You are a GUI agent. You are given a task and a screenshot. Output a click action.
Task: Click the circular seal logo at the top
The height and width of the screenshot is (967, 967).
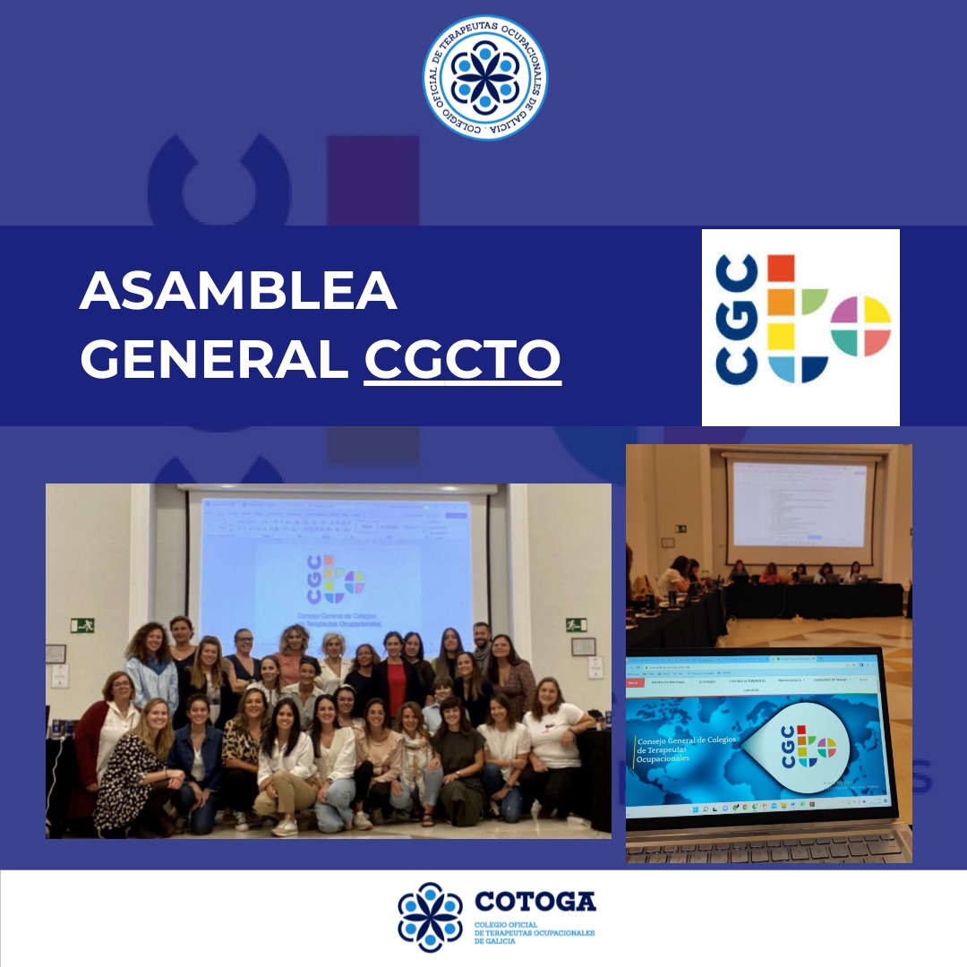(x=484, y=78)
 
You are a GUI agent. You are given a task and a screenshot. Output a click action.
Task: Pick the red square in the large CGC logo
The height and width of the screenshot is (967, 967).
(x=781, y=268)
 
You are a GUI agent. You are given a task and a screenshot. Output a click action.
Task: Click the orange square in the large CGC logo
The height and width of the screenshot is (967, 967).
(x=781, y=302)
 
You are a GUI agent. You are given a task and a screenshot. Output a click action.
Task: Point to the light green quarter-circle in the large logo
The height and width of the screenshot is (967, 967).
(x=814, y=302)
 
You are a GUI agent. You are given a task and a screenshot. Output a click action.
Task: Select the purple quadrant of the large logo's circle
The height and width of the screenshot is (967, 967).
(x=844, y=309)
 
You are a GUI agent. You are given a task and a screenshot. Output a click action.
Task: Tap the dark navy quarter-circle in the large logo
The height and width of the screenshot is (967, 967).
(x=813, y=367)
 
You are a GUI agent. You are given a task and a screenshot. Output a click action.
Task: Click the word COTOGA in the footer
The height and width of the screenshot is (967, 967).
(x=535, y=901)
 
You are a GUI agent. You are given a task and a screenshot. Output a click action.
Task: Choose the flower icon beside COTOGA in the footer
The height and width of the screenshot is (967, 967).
(x=431, y=917)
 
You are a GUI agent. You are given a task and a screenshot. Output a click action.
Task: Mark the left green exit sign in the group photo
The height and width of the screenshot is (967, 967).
(x=82, y=625)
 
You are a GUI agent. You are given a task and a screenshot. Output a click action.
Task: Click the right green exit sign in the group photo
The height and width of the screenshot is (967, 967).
(x=576, y=624)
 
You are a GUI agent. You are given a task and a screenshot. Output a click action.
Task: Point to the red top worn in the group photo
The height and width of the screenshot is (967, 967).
(x=396, y=687)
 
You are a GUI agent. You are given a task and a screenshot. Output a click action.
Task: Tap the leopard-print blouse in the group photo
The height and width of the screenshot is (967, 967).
(x=240, y=745)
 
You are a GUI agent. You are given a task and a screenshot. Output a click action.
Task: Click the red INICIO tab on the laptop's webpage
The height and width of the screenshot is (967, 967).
(x=635, y=682)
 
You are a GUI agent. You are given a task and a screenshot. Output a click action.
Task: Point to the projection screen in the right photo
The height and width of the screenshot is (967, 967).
(x=800, y=504)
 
